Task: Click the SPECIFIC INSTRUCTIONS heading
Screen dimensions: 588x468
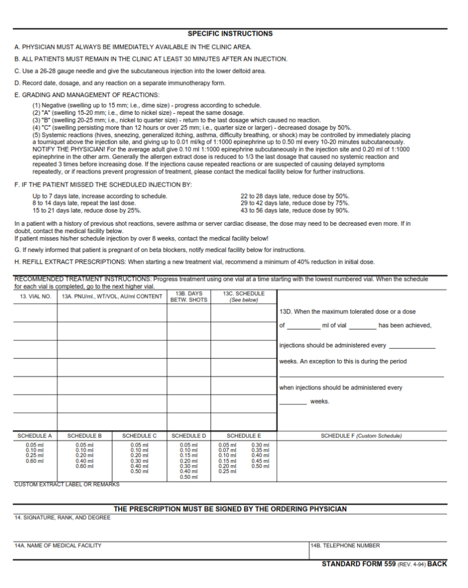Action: tap(230, 34)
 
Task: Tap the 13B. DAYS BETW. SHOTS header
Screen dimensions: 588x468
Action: tap(188, 297)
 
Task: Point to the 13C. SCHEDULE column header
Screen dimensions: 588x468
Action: tap(243, 297)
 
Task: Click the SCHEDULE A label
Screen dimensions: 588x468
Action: tap(34, 436)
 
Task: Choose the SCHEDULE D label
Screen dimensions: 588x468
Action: tap(188, 436)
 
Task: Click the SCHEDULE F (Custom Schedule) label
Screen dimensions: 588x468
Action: tap(361, 436)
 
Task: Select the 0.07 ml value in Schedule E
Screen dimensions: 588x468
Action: tap(227, 450)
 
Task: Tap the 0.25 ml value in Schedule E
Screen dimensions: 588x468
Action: tap(227, 471)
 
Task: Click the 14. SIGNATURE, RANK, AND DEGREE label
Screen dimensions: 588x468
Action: tap(62, 518)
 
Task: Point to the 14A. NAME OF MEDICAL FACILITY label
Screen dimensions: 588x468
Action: tap(58, 546)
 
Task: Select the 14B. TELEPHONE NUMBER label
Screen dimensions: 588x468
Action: tap(345, 546)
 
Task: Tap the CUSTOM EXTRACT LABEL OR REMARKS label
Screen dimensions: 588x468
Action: tap(67, 485)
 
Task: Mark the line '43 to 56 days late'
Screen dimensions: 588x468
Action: tap(295, 210)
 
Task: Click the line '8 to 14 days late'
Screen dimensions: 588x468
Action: tap(84, 203)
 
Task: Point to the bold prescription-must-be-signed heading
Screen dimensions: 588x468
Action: tap(230, 509)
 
